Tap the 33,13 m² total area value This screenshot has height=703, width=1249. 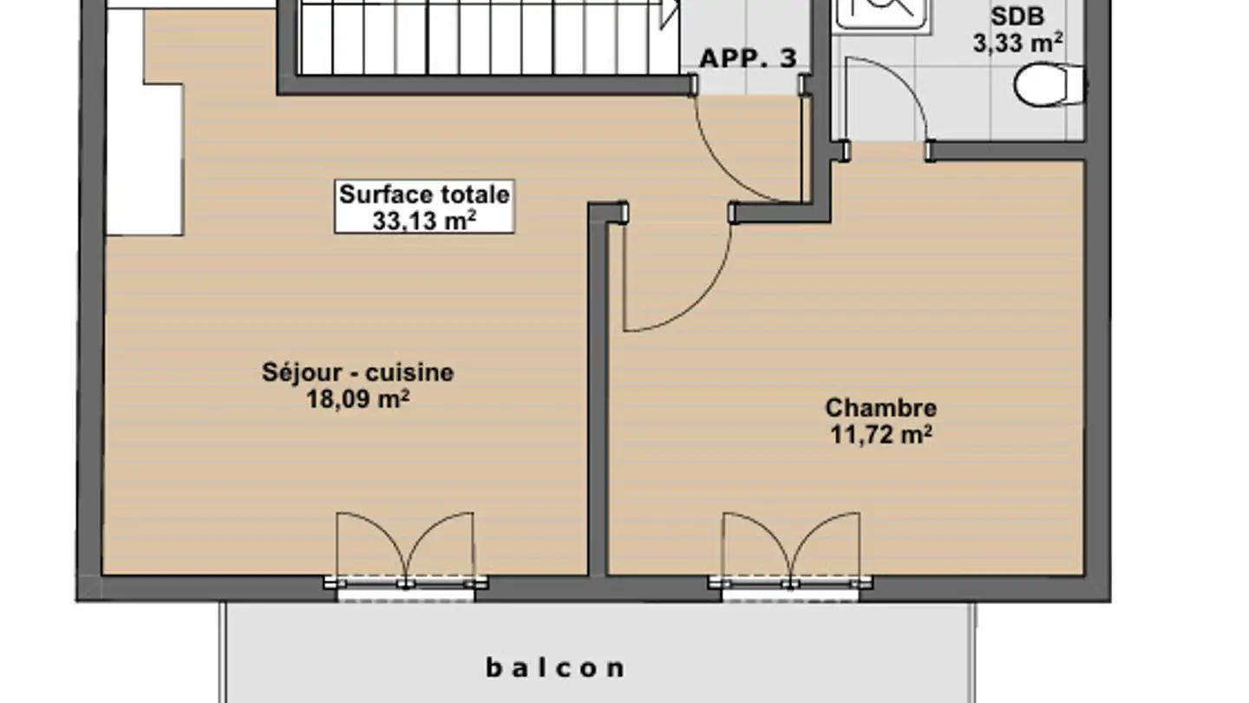click(x=424, y=220)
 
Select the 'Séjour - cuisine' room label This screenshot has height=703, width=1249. click(x=357, y=372)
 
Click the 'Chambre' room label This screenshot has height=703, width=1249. click(x=880, y=407)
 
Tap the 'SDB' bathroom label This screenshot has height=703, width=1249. click(x=1017, y=17)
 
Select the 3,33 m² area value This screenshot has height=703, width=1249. click(x=1017, y=43)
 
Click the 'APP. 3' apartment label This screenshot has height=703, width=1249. click(x=748, y=59)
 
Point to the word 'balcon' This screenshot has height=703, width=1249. click(x=555, y=667)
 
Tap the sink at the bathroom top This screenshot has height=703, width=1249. click(x=881, y=13)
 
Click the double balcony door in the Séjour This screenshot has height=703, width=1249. click(x=405, y=551)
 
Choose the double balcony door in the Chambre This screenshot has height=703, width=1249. click(x=790, y=551)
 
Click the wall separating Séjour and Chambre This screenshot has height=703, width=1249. click(x=597, y=391)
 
